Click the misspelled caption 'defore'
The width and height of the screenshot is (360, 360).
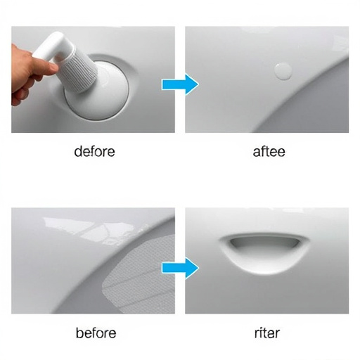coord(94,151)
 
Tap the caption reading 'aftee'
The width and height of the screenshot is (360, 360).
coord(269,151)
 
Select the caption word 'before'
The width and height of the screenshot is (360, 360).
coord(96,333)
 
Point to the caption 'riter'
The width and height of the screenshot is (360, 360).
coord(267,333)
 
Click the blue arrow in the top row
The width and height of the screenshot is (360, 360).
coord(180,84)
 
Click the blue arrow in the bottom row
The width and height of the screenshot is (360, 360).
coord(180,268)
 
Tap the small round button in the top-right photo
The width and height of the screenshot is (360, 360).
coord(283,71)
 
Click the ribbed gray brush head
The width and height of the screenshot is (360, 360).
coord(79,70)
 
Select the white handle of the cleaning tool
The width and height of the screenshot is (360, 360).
coord(52,47)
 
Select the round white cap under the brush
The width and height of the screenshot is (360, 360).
coord(96,90)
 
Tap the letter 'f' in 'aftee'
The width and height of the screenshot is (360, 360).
coord(263,151)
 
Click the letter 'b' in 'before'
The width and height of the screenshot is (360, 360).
coord(80,333)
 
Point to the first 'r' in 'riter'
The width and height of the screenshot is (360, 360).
coord(257,334)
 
